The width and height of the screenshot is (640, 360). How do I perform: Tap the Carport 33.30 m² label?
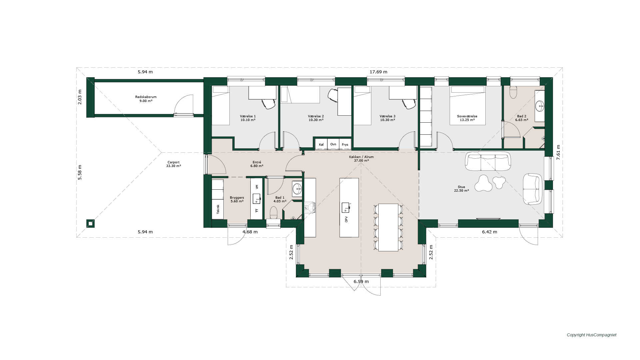[173, 164]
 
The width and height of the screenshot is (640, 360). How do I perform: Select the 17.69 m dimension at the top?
[378, 72]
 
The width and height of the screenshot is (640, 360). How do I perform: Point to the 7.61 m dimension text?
[558, 152]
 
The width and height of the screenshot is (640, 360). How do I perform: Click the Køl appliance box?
[321, 144]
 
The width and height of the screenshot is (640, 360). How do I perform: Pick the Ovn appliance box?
[333, 144]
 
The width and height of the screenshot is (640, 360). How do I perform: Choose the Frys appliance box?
[345, 144]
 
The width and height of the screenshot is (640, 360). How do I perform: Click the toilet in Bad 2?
[513, 92]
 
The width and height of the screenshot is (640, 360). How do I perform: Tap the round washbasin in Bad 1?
[297, 189]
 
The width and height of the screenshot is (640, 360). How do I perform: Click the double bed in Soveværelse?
[467, 105]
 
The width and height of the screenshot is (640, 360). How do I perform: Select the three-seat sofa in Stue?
[488, 161]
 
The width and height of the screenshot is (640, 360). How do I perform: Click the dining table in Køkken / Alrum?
[388, 227]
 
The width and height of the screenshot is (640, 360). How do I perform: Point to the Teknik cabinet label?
[218, 209]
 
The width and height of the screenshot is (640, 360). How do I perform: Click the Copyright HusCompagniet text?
[592, 335]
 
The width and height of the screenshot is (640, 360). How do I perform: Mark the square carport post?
[90, 223]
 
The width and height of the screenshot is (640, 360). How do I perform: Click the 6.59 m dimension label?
[361, 282]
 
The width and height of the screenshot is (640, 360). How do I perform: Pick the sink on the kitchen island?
[346, 207]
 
